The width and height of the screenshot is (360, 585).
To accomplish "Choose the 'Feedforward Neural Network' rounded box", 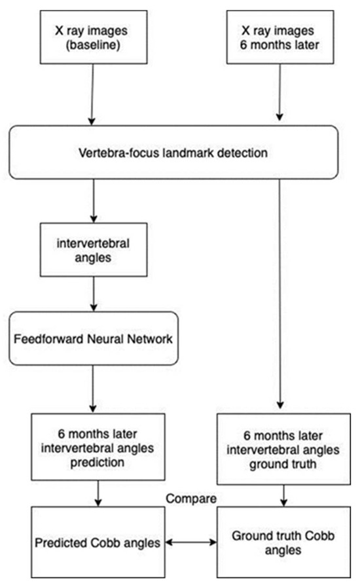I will [94, 339].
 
